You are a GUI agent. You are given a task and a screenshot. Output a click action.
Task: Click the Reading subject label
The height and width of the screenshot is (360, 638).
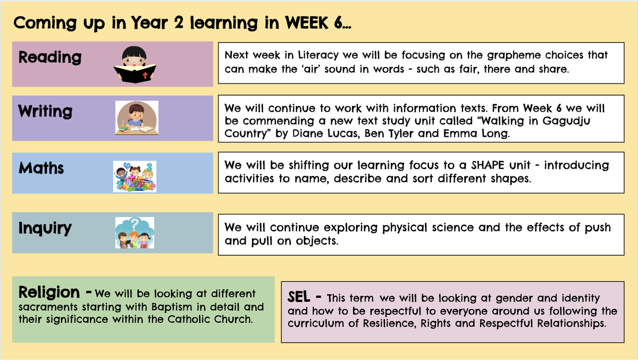pyautogui.click(x=50, y=57)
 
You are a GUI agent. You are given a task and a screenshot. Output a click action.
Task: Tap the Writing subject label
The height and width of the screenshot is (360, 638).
pyautogui.click(x=45, y=111)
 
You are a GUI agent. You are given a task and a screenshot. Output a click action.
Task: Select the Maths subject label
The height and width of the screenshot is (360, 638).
pyautogui.click(x=41, y=168)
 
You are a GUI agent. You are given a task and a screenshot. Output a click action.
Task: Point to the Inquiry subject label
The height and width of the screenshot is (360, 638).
pyautogui.click(x=45, y=229)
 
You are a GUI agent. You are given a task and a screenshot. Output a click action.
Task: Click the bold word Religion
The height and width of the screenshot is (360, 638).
pyautogui.click(x=49, y=292)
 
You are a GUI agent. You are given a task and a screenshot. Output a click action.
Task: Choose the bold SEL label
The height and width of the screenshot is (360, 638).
pyautogui.click(x=299, y=297)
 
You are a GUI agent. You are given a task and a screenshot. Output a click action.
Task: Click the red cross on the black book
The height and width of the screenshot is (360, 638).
pyautogui.click(x=145, y=76)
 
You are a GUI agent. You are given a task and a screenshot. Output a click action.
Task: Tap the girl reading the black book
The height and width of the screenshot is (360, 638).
pyautogui.click(x=135, y=65)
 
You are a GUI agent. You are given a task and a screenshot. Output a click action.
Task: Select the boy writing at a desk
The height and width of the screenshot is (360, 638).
pyautogui.click(x=137, y=118)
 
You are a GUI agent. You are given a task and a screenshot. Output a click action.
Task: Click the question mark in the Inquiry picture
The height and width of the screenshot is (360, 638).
pyautogui.click(x=135, y=224)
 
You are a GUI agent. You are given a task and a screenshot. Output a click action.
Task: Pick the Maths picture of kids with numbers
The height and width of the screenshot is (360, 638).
pyautogui.click(x=135, y=177)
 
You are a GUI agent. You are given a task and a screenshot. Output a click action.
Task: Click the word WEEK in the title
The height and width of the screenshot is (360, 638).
pyautogui.click(x=306, y=23)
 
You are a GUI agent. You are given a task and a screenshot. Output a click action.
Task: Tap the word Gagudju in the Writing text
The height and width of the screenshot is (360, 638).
pyautogui.click(x=566, y=121)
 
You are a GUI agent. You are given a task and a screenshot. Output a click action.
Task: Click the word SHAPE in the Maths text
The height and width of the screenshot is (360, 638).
pyautogui.click(x=488, y=165)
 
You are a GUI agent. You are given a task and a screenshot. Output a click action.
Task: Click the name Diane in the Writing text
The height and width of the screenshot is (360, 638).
pyautogui.click(x=307, y=133)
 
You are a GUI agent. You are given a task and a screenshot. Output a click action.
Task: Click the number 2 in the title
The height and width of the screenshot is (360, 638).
pyautogui.click(x=179, y=23)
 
